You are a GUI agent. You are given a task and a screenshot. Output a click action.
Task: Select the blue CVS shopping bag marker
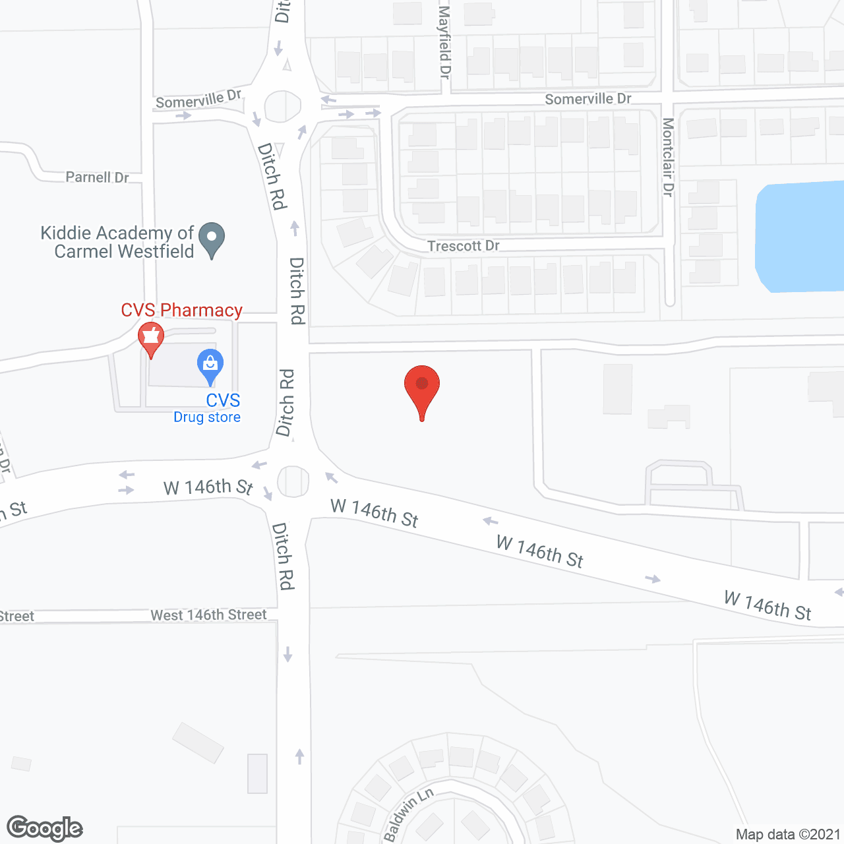click(210, 366)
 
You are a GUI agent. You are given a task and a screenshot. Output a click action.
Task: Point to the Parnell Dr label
click(97, 177)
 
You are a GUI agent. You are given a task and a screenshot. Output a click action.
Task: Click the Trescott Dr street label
click(463, 246)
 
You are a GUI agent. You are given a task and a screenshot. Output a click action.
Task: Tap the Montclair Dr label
click(668, 157)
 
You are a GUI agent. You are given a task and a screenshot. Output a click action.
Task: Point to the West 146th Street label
click(208, 615)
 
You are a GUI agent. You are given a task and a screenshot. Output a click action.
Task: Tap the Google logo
click(45, 828)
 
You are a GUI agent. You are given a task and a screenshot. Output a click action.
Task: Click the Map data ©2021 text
click(788, 834)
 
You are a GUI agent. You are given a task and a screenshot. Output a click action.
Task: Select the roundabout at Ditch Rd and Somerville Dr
click(283, 106)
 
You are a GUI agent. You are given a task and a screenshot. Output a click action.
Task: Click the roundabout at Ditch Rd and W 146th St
click(293, 481)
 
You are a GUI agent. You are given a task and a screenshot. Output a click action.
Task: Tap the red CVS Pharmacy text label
click(181, 310)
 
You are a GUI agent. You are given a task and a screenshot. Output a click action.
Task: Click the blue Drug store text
click(207, 417)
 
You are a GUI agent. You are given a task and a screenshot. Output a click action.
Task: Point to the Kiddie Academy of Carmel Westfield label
click(117, 242)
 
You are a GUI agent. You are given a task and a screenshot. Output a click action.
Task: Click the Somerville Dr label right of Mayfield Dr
click(588, 99)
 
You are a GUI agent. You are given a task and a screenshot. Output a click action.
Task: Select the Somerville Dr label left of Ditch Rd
click(198, 100)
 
